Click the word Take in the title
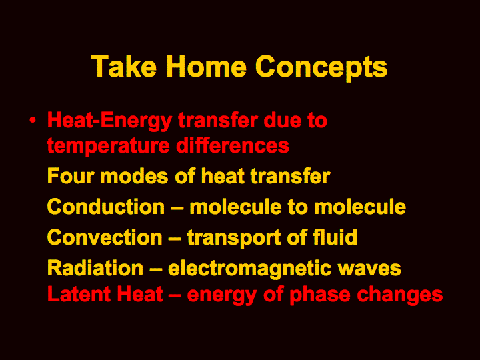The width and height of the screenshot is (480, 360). pyautogui.click(x=124, y=66)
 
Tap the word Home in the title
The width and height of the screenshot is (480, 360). pyautogui.click(x=206, y=66)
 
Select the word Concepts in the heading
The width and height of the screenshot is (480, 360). pyautogui.click(x=321, y=69)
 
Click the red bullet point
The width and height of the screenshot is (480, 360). pyautogui.click(x=33, y=120)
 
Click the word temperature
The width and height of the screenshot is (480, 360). pyautogui.click(x=108, y=146)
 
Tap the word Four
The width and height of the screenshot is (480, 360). pyautogui.click(x=71, y=176)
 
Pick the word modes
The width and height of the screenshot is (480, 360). pyautogui.click(x=134, y=176)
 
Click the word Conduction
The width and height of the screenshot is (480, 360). pyautogui.click(x=106, y=206)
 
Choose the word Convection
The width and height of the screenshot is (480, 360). pyautogui.click(x=105, y=237)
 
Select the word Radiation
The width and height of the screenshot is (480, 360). pyautogui.click(x=95, y=267)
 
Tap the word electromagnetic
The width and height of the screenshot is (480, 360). pyautogui.click(x=249, y=269)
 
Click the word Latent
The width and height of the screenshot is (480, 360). pyautogui.click(x=79, y=294)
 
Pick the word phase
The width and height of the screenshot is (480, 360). pyautogui.click(x=319, y=295)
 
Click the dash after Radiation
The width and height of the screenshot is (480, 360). pyautogui.click(x=155, y=269)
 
